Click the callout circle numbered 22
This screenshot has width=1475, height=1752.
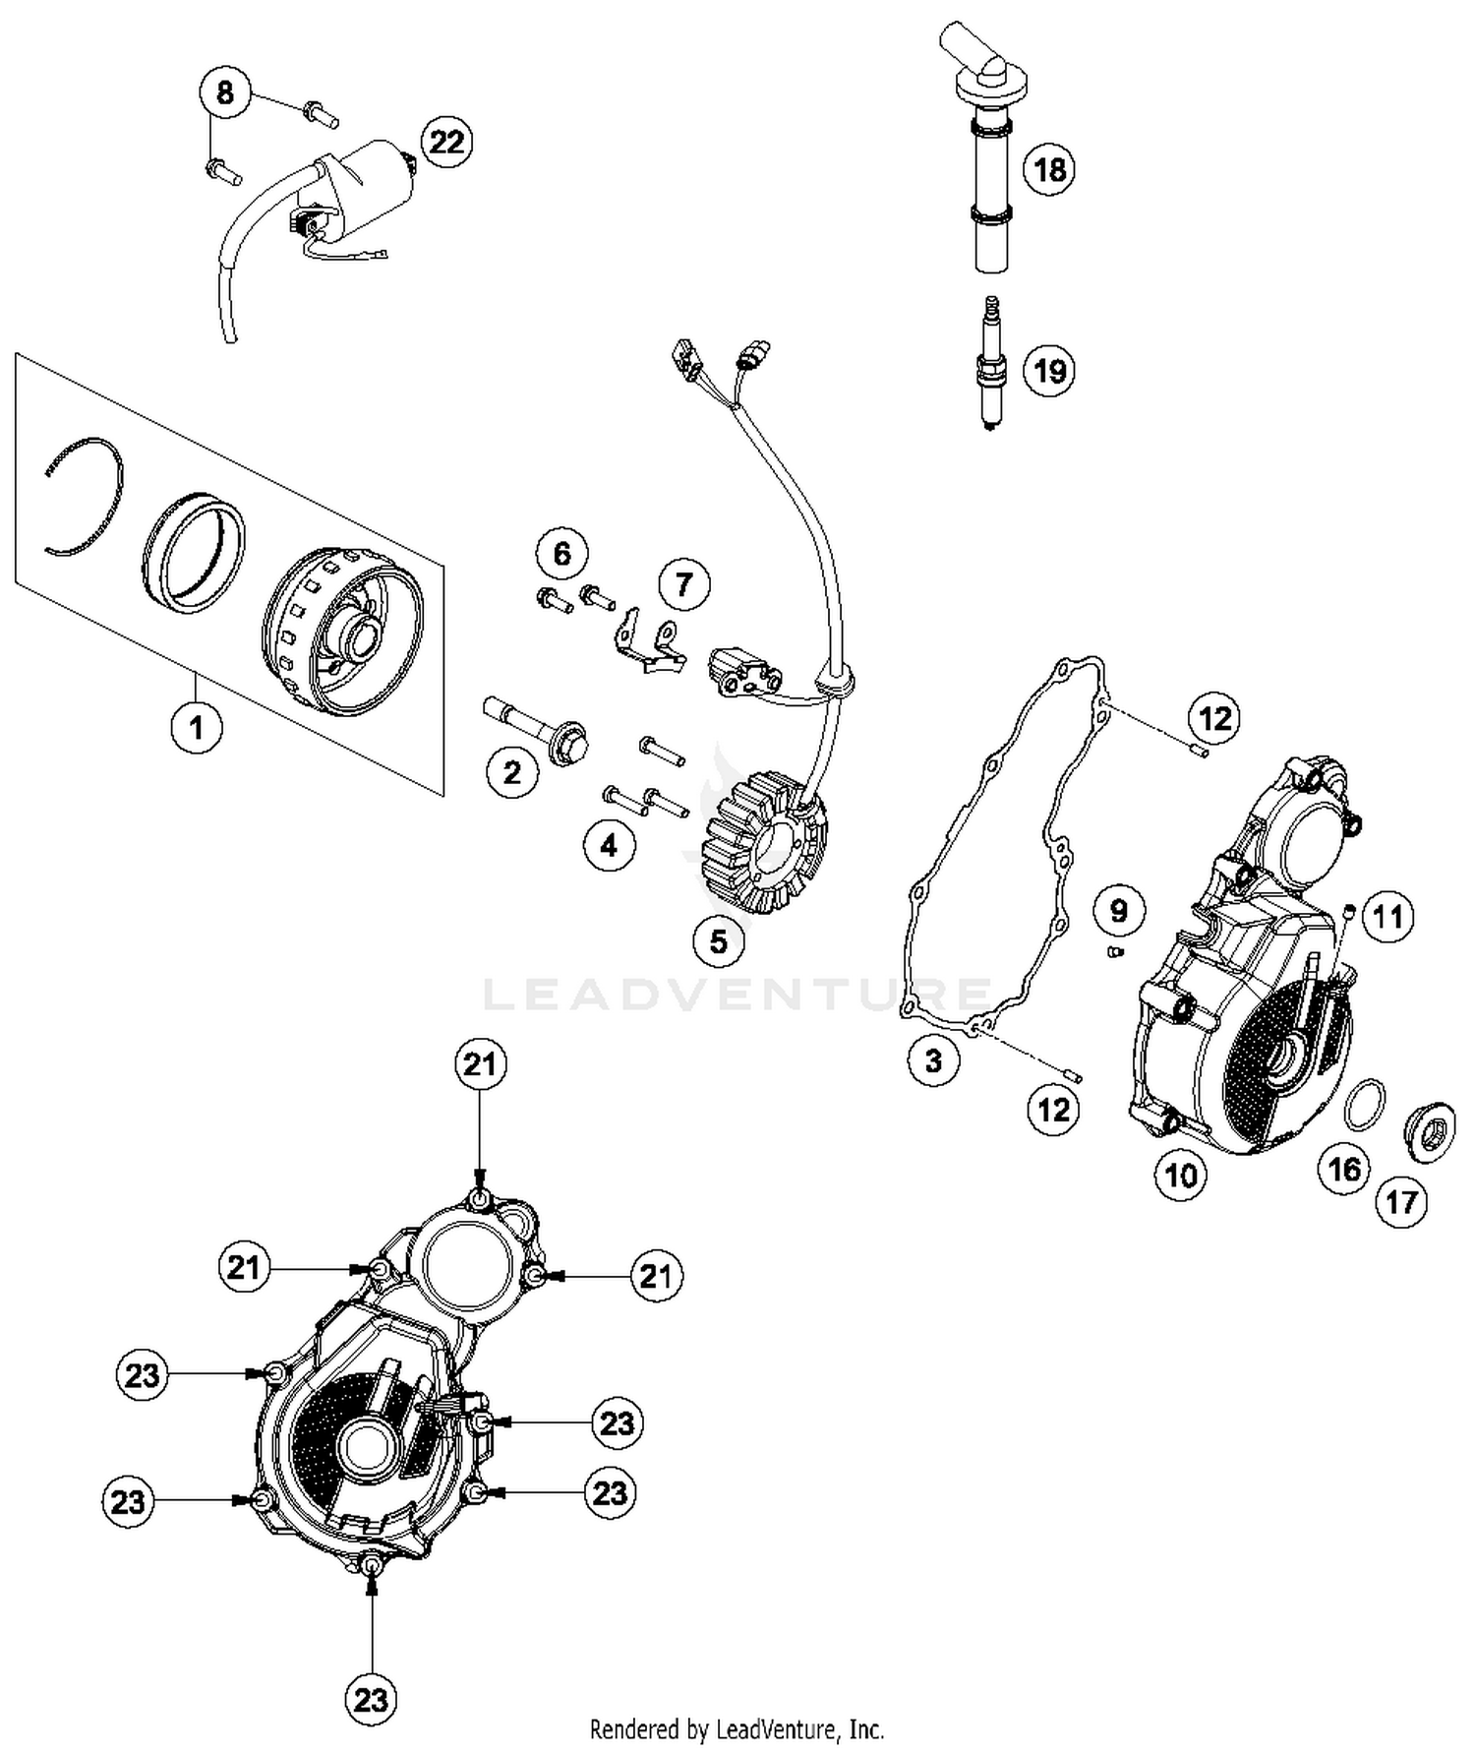[x=446, y=142]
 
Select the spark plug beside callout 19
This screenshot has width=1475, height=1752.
[x=990, y=366]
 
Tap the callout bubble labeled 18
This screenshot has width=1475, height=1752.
[x=1049, y=169]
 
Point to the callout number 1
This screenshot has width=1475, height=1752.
[x=197, y=728]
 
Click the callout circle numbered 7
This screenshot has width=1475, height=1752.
[x=683, y=584]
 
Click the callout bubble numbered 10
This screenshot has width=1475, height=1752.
[x=1180, y=1175]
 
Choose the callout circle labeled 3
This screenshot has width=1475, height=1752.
[x=932, y=1060]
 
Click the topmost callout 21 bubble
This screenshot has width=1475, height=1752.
[x=480, y=1065]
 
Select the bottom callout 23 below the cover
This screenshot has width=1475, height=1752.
[x=371, y=1699]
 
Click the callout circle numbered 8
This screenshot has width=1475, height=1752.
[x=225, y=92]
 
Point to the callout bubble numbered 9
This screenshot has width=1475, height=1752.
[x=1118, y=910]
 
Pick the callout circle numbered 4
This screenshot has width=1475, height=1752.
[x=609, y=845]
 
